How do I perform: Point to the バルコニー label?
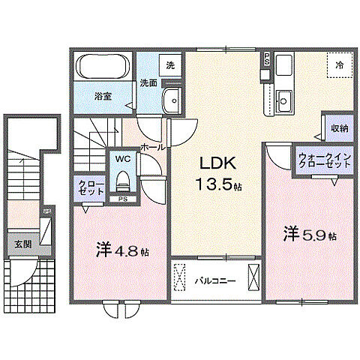pos(215,283)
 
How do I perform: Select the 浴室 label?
pos(103,96)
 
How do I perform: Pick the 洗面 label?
pos(148,82)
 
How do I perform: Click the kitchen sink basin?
pos(284,98)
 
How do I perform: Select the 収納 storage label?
pos(339,128)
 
